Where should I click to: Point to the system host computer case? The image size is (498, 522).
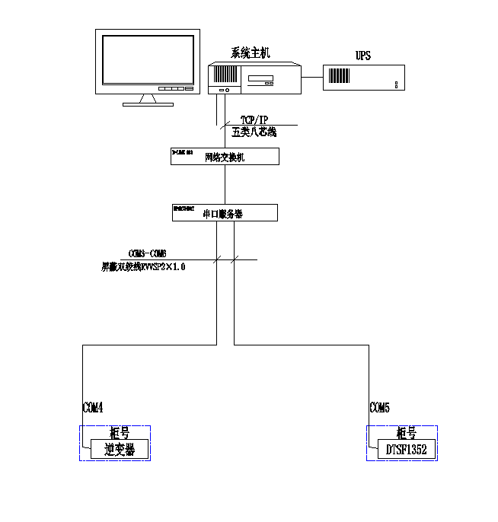click(254, 78)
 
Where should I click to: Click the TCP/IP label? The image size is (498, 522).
click(254, 120)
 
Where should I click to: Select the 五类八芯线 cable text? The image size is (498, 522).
click(254, 132)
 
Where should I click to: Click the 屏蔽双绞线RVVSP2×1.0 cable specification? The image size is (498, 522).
click(144, 267)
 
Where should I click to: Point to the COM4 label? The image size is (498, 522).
click(92, 409)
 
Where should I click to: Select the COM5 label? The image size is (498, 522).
click(380, 409)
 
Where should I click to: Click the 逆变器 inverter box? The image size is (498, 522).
click(120, 450)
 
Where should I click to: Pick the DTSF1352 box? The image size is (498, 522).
click(406, 450)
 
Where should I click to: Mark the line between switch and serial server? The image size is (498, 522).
click(225, 184)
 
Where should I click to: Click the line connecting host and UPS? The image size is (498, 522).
click(311, 76)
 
